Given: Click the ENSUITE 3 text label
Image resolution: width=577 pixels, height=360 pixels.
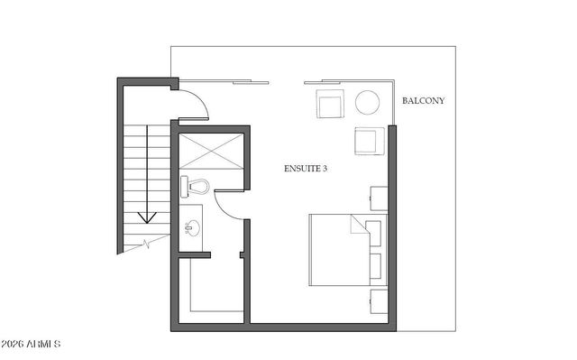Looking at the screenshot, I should pyautogui.click(x=306, y=169).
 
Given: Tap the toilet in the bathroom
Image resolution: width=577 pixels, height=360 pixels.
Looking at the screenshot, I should pyautogui.click(x=197, y=187).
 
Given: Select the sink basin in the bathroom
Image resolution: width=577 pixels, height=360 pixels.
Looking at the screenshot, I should pyautogui.click(x=191, y=226).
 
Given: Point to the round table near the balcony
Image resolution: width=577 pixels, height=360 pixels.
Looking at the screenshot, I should pyautogui.click(x=367, y=102).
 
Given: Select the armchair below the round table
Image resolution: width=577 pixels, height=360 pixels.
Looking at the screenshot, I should pyautogui.click(x=369, y=142).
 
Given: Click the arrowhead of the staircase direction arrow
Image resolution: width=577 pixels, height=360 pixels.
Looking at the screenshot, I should pyautogui.click(x=147, y=218).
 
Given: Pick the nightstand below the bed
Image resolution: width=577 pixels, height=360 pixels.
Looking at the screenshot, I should pyautogui.click(x=379, y=301).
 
